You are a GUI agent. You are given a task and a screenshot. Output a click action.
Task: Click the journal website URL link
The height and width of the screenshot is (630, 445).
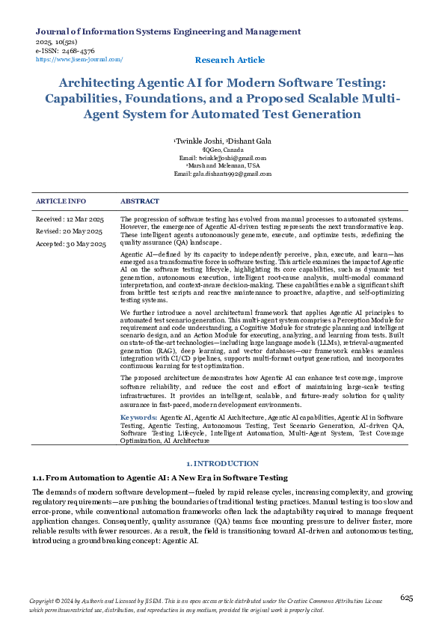(79, 59)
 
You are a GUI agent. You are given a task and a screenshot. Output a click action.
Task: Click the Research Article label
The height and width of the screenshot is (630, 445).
(229, 60)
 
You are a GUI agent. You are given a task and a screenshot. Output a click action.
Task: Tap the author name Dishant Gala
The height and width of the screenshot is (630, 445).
(249, 141)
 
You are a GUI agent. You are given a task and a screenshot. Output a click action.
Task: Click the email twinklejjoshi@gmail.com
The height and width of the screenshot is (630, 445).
(231, 158)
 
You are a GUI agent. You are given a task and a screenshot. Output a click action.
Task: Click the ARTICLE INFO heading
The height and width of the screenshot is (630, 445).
(61, 201)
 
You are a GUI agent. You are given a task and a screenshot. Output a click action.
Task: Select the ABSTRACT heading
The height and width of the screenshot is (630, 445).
(139, 201)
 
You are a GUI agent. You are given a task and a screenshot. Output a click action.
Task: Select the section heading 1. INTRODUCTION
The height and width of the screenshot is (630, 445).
(222, 463)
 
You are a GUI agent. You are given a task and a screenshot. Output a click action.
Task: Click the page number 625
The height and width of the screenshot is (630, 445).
(407, 597)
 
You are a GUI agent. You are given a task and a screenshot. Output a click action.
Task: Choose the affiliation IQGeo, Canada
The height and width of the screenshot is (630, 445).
(223, 150)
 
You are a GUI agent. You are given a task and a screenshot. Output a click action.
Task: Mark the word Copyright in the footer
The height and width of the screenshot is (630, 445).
(43, 601)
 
